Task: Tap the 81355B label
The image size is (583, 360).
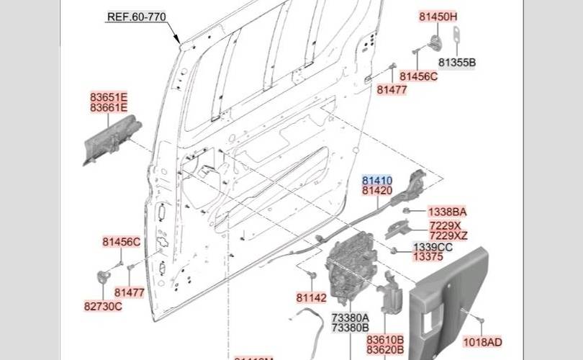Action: pos(457,63)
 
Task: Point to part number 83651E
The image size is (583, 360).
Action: pos(109,96)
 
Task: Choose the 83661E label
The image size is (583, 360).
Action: pos(109,107)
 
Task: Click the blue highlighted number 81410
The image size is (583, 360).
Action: pos(377,180)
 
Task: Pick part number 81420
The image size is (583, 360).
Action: pos(377,191)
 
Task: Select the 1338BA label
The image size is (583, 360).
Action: pos(448,212)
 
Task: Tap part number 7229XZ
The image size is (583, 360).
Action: pos(448,235)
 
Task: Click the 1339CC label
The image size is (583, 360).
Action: pos(433,247)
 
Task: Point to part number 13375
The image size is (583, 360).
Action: pos(428,256)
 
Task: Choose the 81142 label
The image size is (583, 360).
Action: pos(311,297)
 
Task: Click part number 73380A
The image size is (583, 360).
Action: pos(350,318)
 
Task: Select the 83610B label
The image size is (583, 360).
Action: pos(385,339)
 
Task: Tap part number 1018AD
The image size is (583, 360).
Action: pos(482,342)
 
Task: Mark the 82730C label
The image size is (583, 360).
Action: pos(103,306)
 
